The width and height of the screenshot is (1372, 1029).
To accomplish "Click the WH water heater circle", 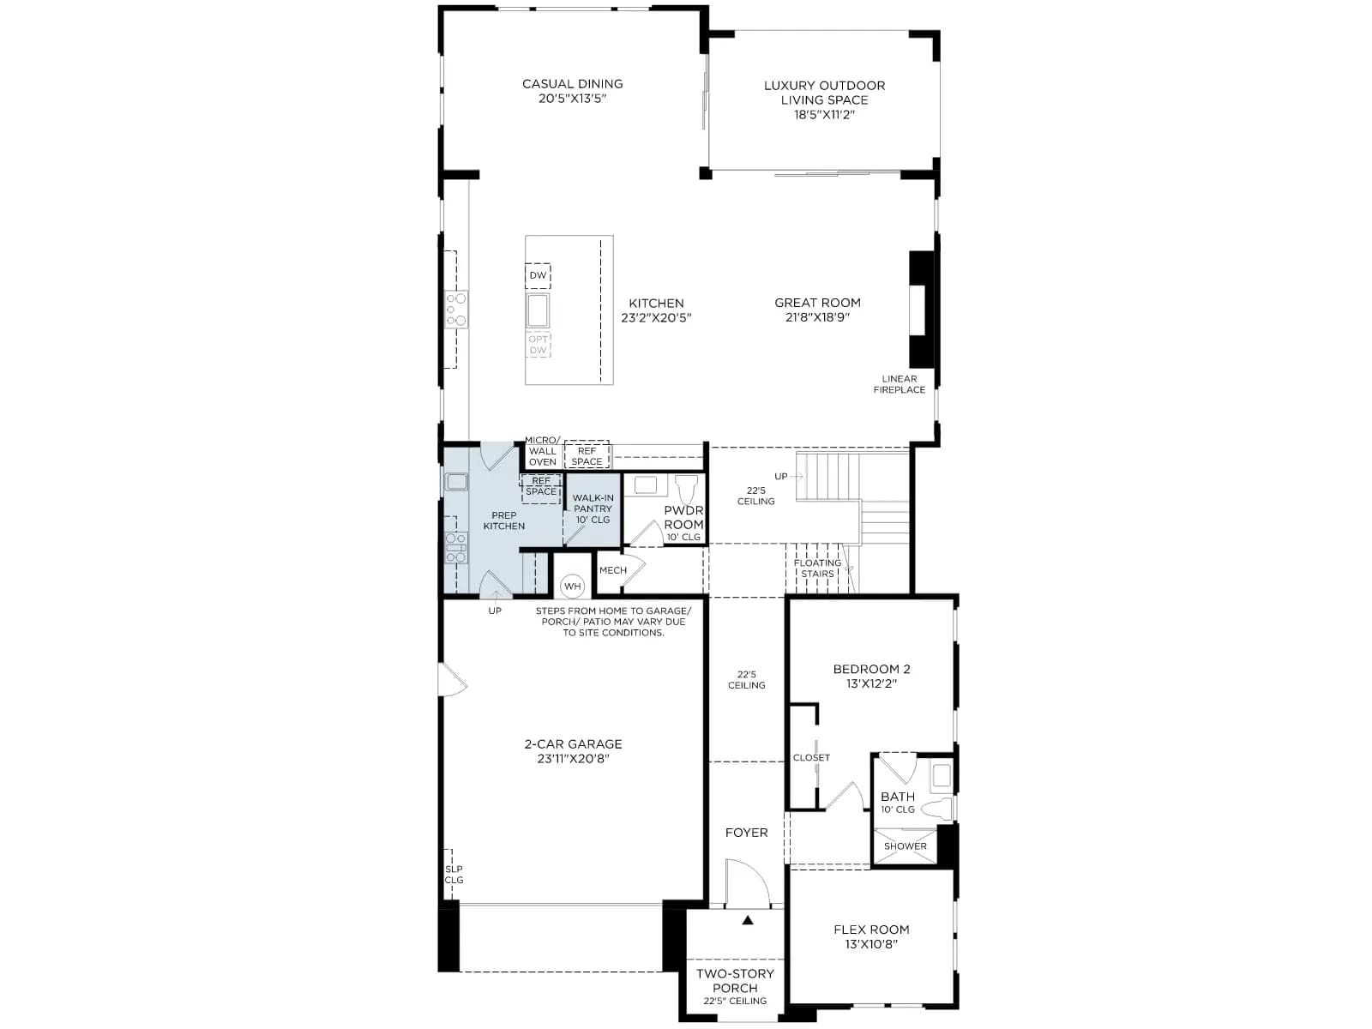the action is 572,586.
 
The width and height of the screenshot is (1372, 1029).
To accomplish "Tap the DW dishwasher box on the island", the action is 538,275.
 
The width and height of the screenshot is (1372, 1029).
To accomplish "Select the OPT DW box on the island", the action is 538,345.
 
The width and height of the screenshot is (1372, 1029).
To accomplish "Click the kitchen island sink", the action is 538,310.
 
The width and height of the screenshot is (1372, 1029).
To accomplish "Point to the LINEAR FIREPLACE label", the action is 899,384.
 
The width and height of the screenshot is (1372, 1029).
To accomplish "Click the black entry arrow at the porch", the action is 748,919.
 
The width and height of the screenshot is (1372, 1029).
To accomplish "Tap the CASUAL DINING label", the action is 573,84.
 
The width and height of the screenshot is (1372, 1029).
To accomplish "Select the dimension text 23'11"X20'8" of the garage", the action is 573,759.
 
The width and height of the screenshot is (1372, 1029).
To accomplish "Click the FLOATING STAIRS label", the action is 817,568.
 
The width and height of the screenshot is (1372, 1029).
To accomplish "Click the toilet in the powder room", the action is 686,489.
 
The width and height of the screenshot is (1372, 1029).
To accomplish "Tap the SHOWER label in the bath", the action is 905,846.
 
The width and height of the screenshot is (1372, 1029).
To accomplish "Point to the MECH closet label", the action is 612,569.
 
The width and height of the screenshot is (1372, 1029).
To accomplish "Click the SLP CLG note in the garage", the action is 454,874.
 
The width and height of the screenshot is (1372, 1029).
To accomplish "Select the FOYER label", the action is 746,832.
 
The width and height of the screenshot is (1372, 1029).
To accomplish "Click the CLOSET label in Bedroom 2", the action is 811,757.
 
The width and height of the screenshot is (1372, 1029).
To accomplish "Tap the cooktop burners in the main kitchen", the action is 456,310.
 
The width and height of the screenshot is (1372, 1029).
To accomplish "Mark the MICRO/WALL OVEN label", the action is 542,451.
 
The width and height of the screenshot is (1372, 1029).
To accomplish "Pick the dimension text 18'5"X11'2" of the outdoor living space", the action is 824,115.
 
